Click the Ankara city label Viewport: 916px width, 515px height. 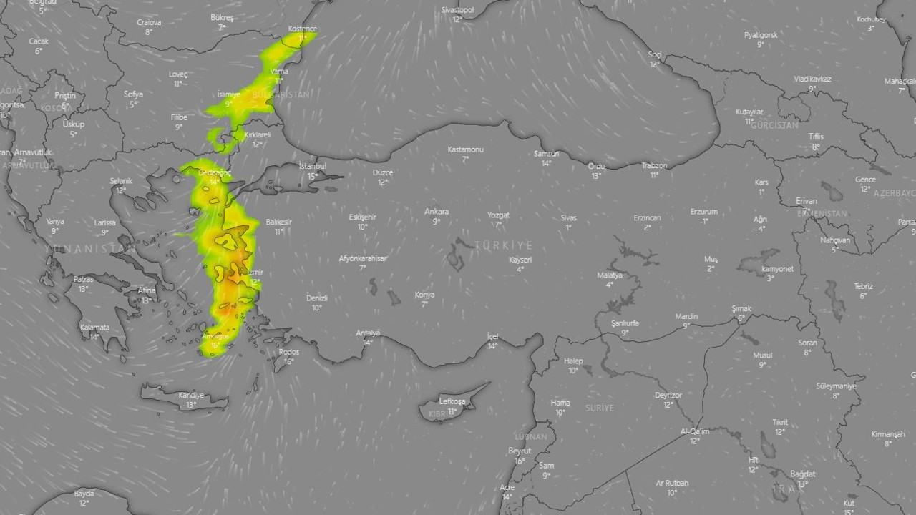tap(437, 212)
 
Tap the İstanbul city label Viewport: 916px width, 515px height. tap(312, 167)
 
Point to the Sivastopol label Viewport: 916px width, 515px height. tap(457, 10)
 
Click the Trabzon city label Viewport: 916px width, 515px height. tap(654, 166)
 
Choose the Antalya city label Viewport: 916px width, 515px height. tap(368, 333)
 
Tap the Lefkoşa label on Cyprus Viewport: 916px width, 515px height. tap(452, 401)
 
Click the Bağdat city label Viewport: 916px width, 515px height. tap(802, 474)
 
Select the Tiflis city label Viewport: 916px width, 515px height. tap(816, 137)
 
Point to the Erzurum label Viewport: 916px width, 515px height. tap(704, 212)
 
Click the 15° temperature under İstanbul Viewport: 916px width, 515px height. tap(313, 176)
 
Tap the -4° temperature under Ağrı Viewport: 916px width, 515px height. tap(760, 229)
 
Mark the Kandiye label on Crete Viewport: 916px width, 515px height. tap(191, 396)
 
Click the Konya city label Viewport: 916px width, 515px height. tap(424, 295)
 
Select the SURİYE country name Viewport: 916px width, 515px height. tap(600, 408)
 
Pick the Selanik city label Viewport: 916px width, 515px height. tap(121, 181)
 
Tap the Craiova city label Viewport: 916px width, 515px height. tap(149, 22)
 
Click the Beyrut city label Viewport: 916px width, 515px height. tap(520, 451)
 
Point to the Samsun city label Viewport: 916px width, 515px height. tap(546, 154)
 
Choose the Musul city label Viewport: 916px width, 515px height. tap(762, 355)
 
